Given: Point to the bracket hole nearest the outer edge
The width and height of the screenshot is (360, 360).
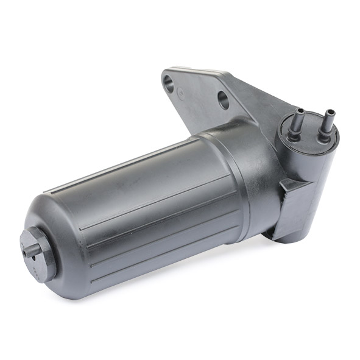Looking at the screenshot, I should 169,84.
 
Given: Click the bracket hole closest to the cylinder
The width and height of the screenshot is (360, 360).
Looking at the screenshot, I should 224,99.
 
